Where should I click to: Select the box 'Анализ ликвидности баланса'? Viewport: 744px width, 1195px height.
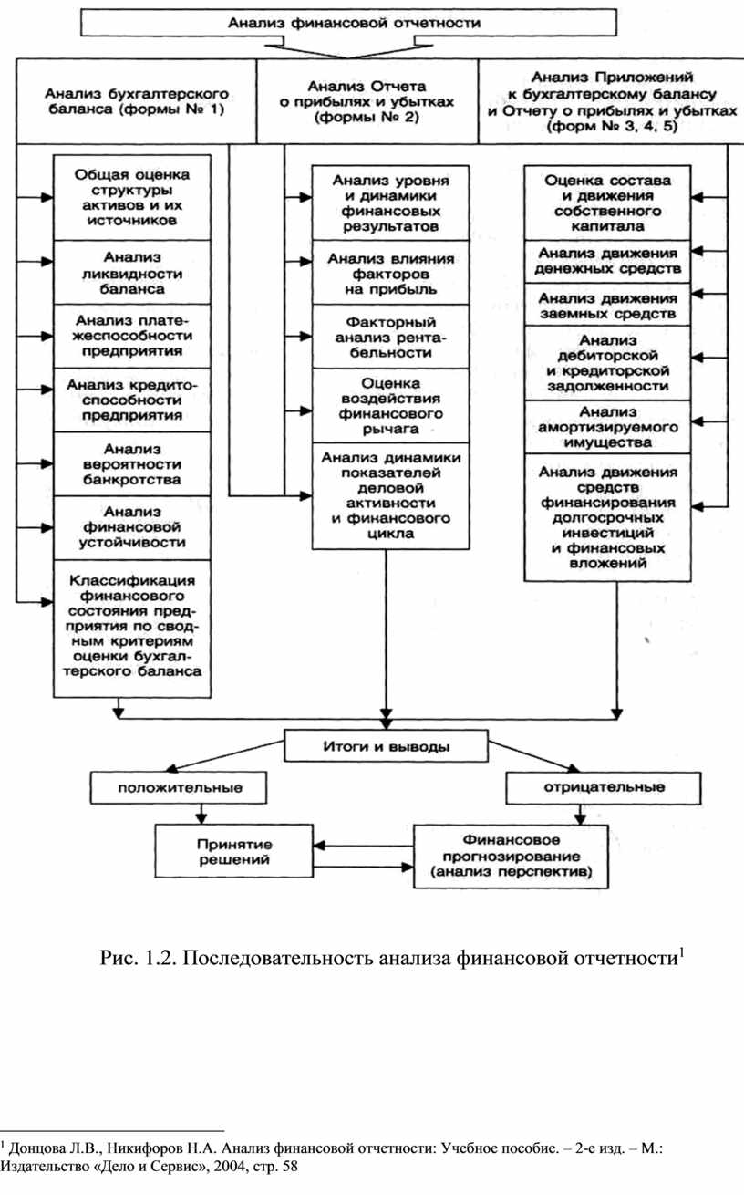coord(133,273)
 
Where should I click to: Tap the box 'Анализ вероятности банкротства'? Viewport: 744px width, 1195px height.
coord(133,464)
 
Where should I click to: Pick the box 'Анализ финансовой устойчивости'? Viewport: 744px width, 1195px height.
coord(133,527)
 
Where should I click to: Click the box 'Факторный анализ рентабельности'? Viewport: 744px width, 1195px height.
coord(390,337)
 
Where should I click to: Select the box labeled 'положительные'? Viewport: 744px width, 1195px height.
coord(170,786)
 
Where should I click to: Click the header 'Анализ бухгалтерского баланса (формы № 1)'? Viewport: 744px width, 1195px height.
coord(134,100)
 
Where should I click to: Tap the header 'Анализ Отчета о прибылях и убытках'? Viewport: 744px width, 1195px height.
coord(367,100)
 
